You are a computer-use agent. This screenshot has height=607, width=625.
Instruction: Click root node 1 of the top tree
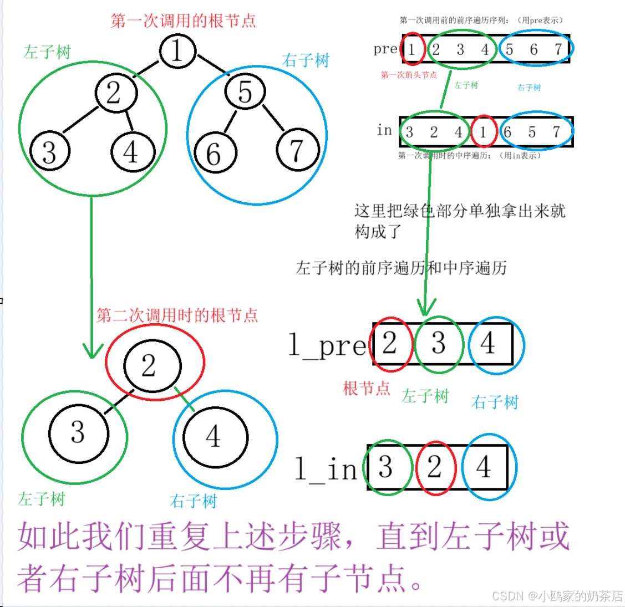(x=177, y=51)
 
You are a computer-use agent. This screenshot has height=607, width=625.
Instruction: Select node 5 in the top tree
(x=245, y=92)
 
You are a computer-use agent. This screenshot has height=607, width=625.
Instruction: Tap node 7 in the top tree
(x=298, y=151)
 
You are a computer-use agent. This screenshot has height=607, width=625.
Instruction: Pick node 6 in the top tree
(x=214, y=154)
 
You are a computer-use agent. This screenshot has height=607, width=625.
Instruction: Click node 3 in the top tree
(x=49, y=152)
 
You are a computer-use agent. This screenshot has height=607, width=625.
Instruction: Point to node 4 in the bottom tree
(x=214, y=437)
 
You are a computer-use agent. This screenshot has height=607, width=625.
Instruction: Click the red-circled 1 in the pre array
(x=412, y=49)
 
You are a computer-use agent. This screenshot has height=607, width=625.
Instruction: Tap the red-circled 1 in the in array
(x=484, y=132)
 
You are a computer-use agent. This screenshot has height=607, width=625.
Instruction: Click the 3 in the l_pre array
(x=439, y=344)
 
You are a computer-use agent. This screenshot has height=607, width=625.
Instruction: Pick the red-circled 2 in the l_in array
(x=435, y=467)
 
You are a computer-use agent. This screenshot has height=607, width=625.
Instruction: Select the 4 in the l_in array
(x=484, y=467)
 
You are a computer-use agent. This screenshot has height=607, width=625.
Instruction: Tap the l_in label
(x=326, y=470)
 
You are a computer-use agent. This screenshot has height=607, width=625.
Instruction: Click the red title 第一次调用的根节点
(x=183, y=21)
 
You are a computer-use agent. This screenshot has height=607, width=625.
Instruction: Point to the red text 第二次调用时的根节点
(x=177, y=315)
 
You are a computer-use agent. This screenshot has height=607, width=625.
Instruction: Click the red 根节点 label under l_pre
(x=367, y=389)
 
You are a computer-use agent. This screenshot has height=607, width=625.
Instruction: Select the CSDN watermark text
(x=557, y=595)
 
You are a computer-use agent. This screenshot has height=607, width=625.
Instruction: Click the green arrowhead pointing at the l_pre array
(x=426, y=307)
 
